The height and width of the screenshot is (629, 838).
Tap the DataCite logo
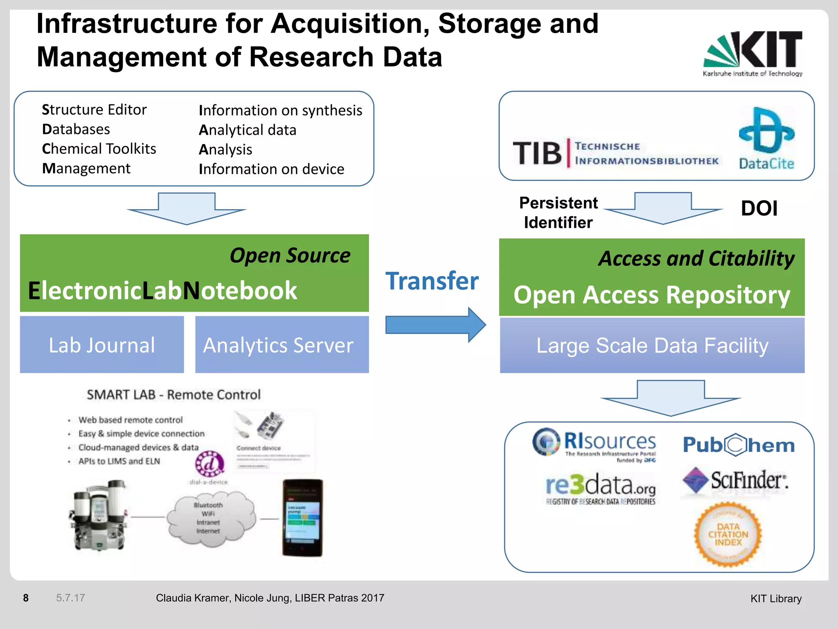pos(766,138)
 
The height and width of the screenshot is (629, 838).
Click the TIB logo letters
pos(537,154)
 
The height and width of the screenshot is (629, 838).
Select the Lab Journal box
pos(102,345)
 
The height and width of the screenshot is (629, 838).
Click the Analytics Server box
pos(282,345)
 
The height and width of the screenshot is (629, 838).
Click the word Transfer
pos(432,281)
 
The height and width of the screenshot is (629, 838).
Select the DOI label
pos(759,208)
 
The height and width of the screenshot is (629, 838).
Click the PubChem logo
pos(739,445)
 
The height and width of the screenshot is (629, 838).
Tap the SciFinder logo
pos(735,481)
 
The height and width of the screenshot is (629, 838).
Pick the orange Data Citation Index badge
pos(728,535)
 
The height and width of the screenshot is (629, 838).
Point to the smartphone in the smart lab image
pos(302,518)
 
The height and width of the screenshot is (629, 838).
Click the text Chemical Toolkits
pos(99,149)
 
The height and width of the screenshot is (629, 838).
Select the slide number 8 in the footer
pos(26,598)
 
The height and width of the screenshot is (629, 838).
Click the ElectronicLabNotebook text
pos(162,291)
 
